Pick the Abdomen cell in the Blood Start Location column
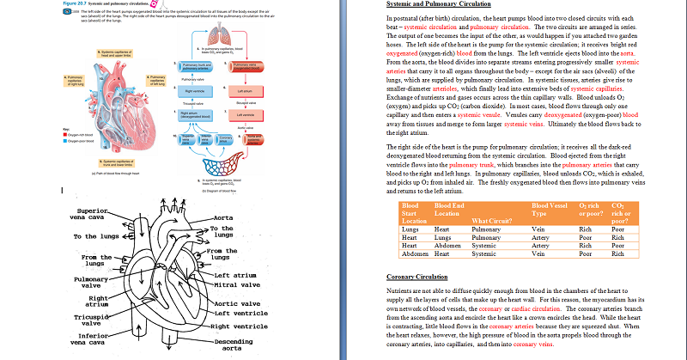(414, 254)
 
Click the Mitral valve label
(235, 284)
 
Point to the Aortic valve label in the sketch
(236, 304)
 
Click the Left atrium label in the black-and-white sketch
(235, 274)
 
